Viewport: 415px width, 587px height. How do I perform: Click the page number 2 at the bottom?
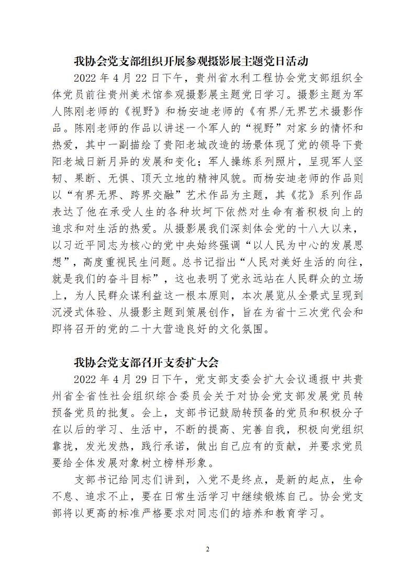coord(207,549)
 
